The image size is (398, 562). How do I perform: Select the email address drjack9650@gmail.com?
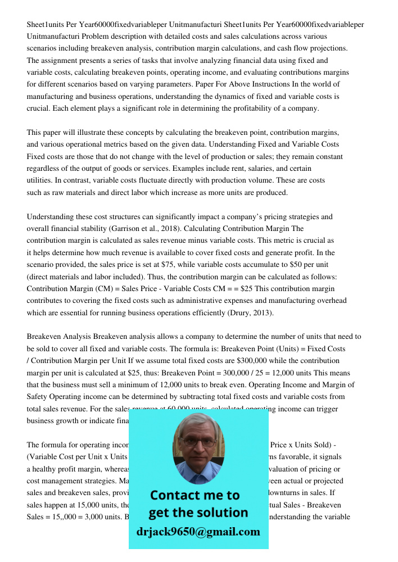coord(198,532)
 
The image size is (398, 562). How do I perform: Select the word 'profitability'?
coord(252,108)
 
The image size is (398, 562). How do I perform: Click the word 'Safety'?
coord(40,397)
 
